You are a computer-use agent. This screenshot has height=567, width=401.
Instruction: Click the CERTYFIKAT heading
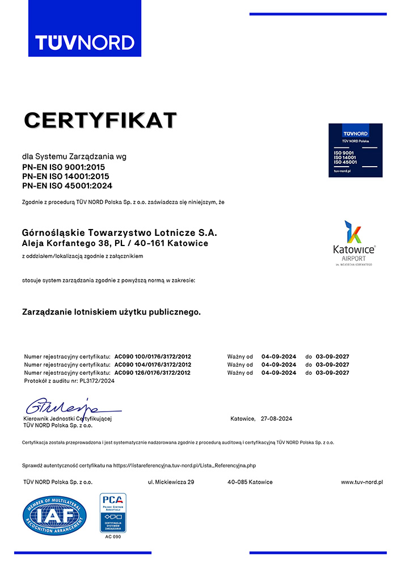[101, 120]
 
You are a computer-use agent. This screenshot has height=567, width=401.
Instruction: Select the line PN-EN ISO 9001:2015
[64, 167]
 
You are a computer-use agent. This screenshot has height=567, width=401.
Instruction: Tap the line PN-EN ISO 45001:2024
[67, 185]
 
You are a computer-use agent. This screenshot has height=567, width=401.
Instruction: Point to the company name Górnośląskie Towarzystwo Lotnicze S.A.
[119, 232]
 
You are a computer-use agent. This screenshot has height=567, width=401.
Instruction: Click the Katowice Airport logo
[355, 244]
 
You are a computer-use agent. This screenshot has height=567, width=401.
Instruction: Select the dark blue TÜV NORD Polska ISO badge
[355, 150]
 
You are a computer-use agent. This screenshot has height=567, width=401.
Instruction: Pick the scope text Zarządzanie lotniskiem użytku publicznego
[111, 311]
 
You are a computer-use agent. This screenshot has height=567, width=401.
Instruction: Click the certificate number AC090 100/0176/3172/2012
[153, 356]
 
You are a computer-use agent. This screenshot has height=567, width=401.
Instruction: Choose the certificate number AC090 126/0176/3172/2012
[153, 373]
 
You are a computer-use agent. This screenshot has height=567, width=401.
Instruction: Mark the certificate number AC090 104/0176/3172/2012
[153, 365]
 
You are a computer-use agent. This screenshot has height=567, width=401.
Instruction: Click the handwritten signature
[62, 407]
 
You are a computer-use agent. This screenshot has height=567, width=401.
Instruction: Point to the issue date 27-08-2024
[276, 418]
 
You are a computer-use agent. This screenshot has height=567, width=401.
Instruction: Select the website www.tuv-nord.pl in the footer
[362, 482]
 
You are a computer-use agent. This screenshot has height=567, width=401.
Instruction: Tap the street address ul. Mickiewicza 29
[171, 482]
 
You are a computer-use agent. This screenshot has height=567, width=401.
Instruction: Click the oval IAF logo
[54, 515]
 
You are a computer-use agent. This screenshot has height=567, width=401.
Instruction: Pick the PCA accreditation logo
[113, 513]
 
